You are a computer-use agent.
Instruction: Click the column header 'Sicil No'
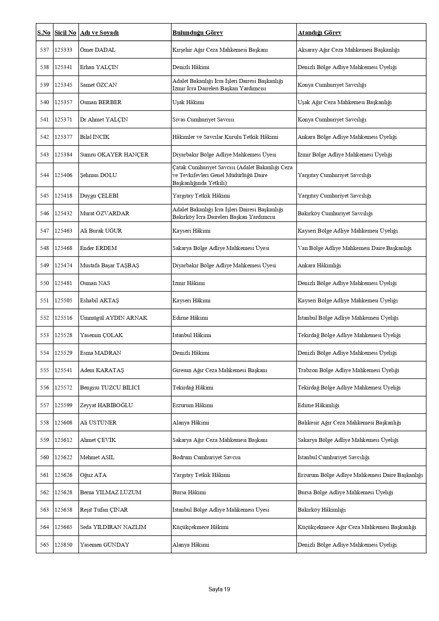point(65,33)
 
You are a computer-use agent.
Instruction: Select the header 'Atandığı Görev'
point(319,33)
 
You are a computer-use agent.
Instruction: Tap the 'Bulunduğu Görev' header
point(198,33)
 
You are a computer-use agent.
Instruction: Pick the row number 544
point(45,175)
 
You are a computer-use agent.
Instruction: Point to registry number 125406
point(63,175)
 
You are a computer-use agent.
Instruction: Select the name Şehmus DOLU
point(98,175)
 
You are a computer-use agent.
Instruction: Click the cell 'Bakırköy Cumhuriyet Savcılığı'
point(335,213)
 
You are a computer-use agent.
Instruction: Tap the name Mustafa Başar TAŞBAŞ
point(109,266)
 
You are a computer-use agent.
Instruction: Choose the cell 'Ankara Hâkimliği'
point(319,266)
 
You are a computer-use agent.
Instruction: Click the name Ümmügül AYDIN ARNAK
point(114,318)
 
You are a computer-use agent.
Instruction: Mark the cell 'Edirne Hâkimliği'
point(318,405)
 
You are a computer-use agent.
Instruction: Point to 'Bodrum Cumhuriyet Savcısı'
point(206,457)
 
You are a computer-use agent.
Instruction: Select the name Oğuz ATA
point(93,475)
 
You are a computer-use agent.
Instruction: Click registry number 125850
point(63,545)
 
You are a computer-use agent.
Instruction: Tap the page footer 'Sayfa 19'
point(219,589)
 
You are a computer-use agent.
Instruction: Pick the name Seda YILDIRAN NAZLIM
point(113,527)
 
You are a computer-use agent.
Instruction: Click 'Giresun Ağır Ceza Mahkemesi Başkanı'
point(219,370)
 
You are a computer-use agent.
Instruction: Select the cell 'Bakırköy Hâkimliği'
point(321,510)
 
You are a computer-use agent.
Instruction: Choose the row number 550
point(45,283)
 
